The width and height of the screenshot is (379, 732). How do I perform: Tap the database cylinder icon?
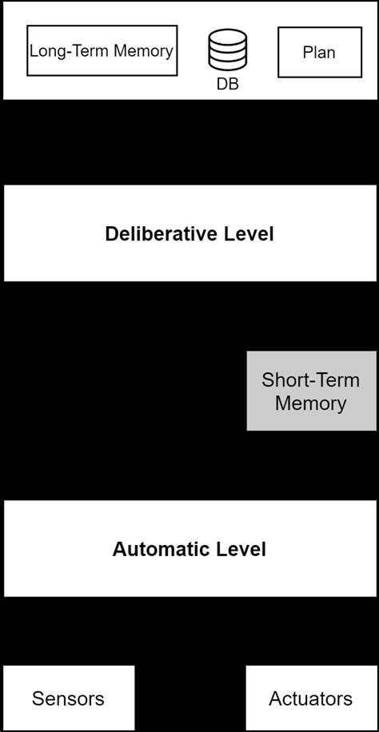227,50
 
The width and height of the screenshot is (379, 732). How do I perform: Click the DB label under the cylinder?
227,83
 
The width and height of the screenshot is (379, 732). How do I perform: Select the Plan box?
318,53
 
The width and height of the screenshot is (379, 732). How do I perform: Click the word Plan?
318,53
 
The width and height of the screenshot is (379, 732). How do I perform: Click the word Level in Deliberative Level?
247,234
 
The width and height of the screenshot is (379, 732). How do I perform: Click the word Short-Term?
310,379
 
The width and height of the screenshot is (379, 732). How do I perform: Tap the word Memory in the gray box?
310,403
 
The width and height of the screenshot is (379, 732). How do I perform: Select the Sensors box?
69,698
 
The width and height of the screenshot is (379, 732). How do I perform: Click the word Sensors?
69,698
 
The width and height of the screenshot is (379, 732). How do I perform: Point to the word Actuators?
310,698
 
